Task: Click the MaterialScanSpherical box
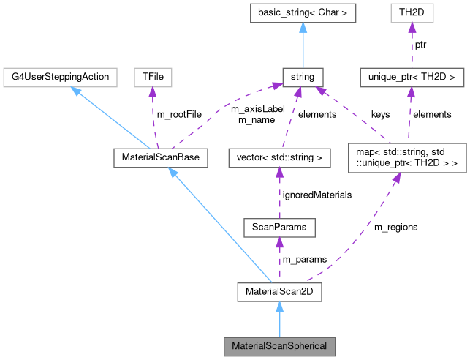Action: (279, 345)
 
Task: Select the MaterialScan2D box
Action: (279, 293)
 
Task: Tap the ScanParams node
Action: (279, 228)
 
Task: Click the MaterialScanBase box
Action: (156, 157)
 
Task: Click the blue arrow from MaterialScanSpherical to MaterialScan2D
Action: (279, 319)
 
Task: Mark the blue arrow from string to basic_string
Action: (303, 44)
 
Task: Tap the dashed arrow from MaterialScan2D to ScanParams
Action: (279, 260)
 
